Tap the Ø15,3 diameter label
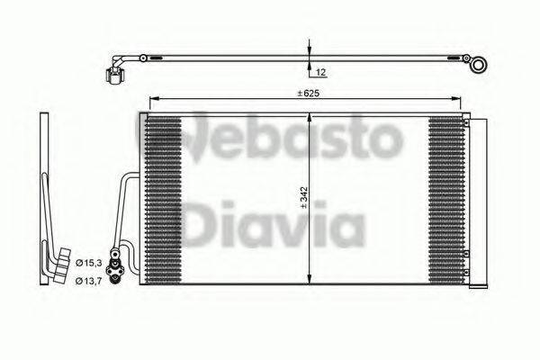86,262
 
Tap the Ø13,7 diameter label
86,282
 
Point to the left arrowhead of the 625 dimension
153,98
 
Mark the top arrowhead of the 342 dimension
309,117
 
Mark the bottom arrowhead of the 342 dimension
309,280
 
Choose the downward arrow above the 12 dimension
309,50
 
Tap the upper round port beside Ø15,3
115,262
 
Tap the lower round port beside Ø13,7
115,280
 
